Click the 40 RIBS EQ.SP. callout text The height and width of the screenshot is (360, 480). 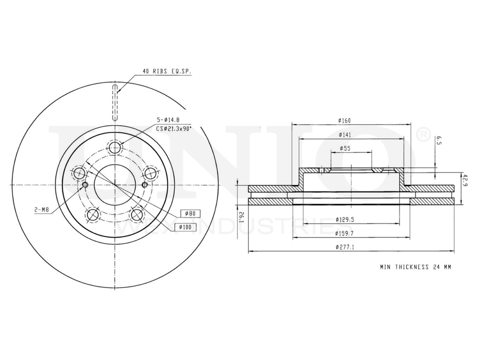(167, 71)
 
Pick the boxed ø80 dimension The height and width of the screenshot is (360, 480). (190, 213)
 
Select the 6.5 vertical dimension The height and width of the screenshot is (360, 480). (437, 141)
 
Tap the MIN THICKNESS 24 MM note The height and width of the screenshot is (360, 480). (416, 267)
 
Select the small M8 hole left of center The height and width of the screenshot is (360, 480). (85, 185)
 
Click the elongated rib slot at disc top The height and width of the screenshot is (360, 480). (115, 102)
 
